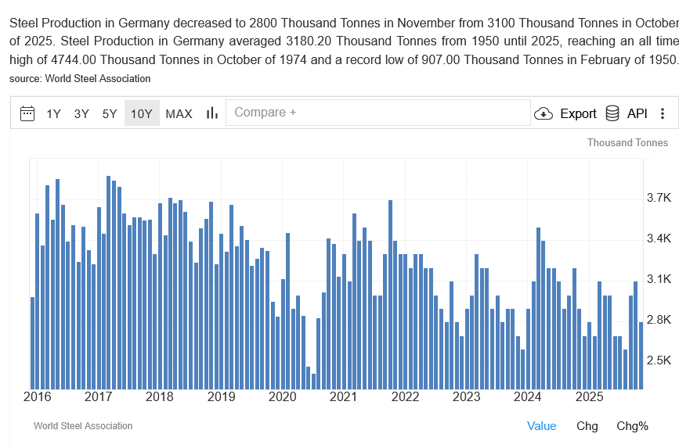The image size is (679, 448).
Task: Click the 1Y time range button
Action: (53, 113)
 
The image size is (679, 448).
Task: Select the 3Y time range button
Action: (81, 113)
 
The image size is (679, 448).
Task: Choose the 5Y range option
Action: (110, 113)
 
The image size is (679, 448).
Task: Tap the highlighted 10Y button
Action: (142, 113)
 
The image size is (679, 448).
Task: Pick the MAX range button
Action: (179, 113)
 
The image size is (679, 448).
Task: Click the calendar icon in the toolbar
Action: (27, 113)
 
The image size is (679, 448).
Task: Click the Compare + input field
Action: (377, 113)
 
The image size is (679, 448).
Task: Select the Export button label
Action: (578, 113)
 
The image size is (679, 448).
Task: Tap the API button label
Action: (637, 113)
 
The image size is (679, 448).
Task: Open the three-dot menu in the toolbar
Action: (663, 113)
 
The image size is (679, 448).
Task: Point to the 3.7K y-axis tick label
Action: (659, 198)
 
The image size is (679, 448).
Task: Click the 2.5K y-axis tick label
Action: (659, 360)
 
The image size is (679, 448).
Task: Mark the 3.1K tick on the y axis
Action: (659, 279)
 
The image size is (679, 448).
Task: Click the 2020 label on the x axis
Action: (282, 396)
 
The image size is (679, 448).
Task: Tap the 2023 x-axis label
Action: (466, 396)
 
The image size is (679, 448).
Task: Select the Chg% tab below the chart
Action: (632, 426)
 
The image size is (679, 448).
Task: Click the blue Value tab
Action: (541, 426)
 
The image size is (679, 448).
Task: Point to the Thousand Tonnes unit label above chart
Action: (627, 142)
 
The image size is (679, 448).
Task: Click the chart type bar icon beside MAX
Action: (211, 113)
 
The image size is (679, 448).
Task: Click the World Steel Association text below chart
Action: (83, 426)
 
